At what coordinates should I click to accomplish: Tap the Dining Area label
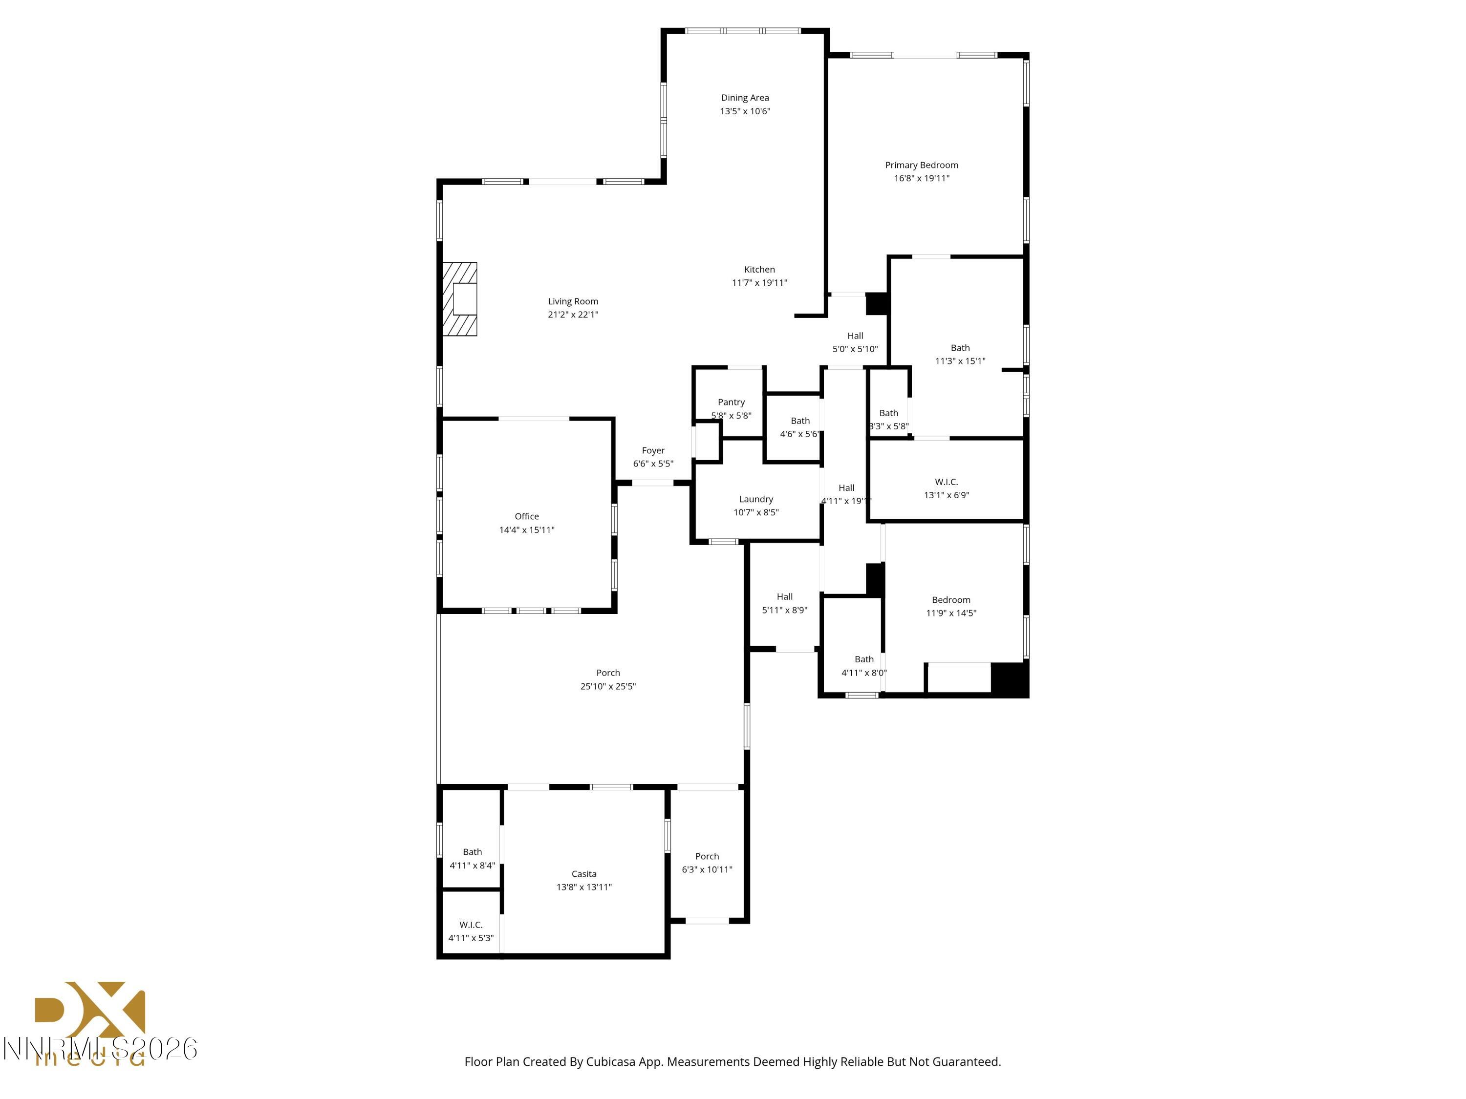point(745,97)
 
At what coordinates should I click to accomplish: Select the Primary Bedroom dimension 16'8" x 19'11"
point(921,178)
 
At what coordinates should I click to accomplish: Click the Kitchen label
point(759,270)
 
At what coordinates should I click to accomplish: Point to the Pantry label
point(731,402)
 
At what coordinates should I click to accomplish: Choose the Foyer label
point(653,450)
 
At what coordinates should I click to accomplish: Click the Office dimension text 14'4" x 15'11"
point(527,530)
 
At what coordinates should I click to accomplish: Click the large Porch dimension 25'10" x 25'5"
point(608,686)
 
